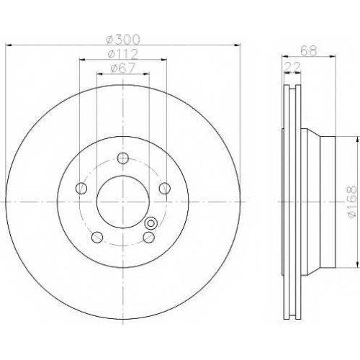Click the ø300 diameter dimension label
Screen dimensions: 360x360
coord(123,40)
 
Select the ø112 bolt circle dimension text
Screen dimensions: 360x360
coord(123,54)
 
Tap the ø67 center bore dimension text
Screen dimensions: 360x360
coord(123,68)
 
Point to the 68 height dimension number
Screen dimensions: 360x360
coord(309,50)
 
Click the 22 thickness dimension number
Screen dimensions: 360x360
coord(292,67)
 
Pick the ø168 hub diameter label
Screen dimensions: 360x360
coord(354,202)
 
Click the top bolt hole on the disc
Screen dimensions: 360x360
coord(123,158)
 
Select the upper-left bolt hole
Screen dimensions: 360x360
coord(81,188)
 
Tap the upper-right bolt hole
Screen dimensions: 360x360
coord(165,188)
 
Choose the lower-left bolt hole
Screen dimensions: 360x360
coord(97,237)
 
